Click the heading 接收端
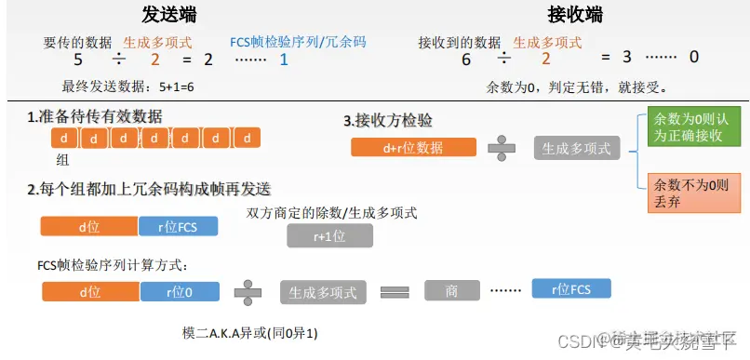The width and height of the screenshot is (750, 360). click(574, 15)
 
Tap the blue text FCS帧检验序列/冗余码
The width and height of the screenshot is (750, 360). click(298, 42)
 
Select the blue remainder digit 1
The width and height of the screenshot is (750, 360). click(284, 60)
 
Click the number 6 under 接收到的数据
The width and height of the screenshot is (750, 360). click(465, 59)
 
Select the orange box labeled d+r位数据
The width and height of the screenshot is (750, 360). click(413, 148)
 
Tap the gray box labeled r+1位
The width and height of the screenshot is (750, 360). click(329, 236)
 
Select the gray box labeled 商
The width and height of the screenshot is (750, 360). click(451, 291)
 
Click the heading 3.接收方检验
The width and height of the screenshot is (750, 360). click(388, 121)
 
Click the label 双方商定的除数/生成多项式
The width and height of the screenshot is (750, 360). click(331, 213)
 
